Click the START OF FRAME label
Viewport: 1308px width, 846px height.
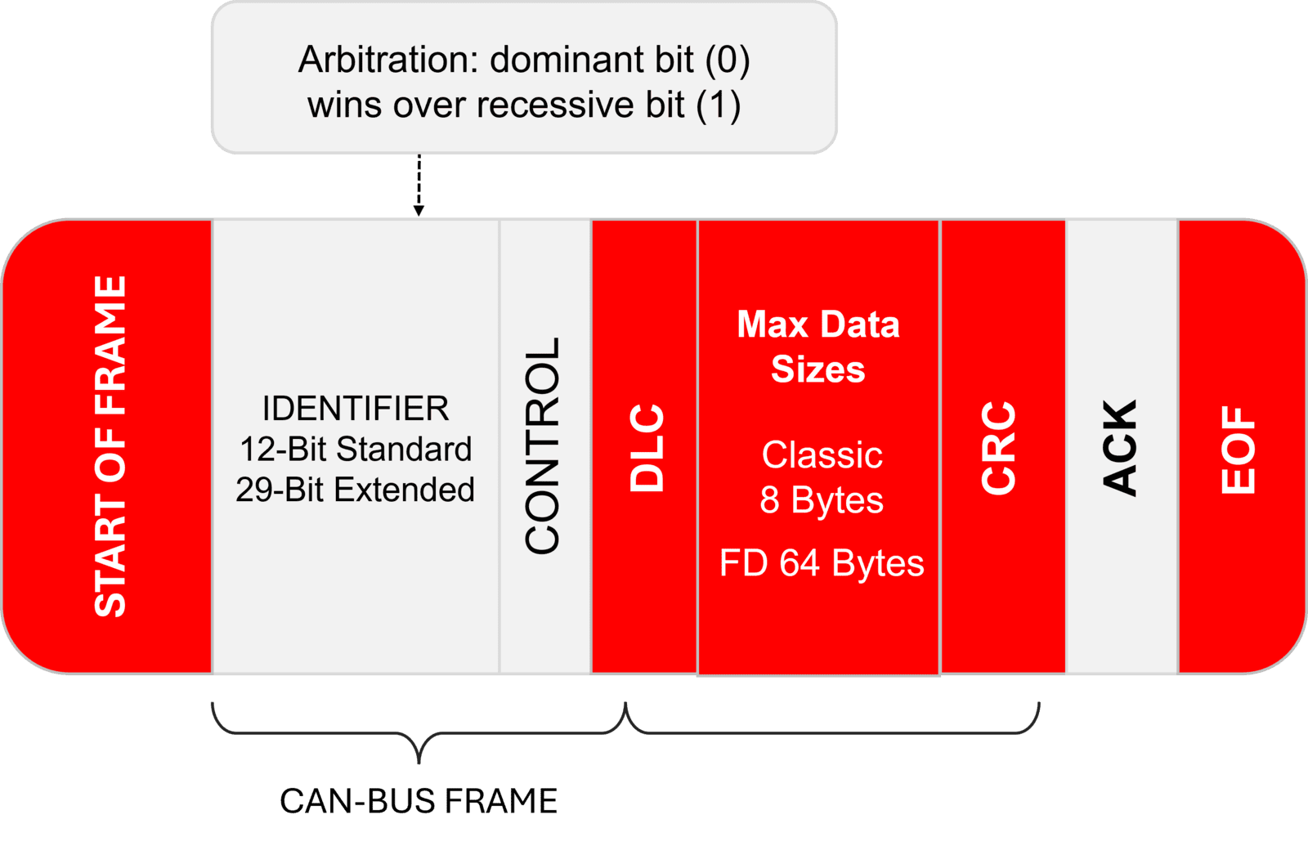coord(110,446)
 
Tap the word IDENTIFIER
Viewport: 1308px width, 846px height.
coord(355,409)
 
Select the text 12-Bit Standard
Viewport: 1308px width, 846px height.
coord(355,449)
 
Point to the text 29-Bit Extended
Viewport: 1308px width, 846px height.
coord(355,490)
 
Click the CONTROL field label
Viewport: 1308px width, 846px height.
coord(543,446)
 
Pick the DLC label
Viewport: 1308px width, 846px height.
coord(647,447)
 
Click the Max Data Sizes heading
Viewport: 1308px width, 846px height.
coord(817,347)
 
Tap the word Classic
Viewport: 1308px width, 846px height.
coord(822,455)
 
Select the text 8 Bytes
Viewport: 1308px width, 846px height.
coord(822,499)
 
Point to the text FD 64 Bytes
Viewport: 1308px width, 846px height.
coord(822,563)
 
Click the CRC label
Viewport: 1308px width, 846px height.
coord(998,447)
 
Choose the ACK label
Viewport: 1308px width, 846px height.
coord(1120,447)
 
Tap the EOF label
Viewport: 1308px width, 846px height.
coord(1238,450)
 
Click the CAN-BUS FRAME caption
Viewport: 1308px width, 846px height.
coord(418,801)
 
